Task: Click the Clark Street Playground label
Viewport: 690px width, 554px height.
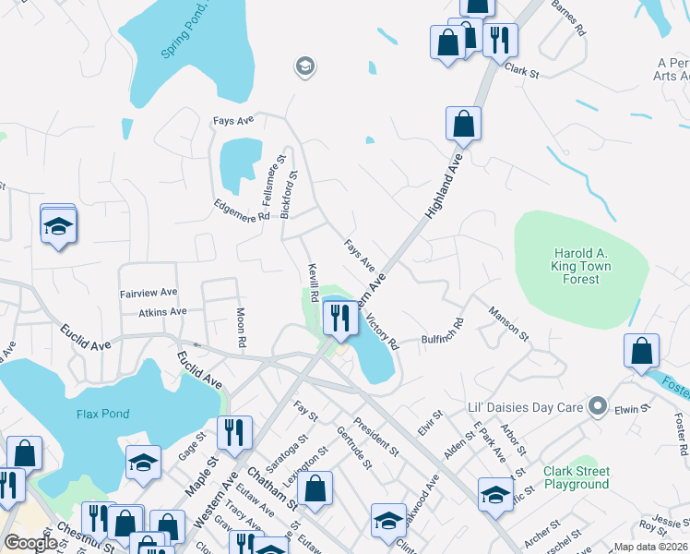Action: (x=577, y=477)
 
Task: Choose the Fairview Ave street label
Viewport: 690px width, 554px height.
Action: (x=149, y=293)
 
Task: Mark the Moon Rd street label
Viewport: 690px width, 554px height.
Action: (x=242, y=328)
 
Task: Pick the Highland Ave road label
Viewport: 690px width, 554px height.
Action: (x=444, y=186)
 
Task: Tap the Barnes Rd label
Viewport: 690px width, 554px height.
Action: (x=569, y=18)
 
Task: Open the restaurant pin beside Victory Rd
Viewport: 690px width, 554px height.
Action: (x=339, y=319)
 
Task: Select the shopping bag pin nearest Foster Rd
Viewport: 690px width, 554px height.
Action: (x=641, y=352)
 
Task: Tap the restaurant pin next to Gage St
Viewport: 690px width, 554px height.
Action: (x=234, y=433)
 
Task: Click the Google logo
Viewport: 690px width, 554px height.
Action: (x=31, y=543)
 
